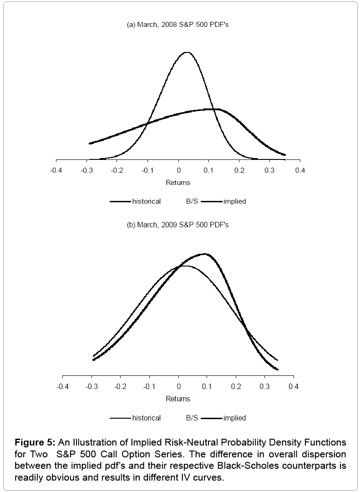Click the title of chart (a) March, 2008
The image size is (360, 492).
click(177, 25)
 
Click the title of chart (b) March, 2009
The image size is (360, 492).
click(177, 225)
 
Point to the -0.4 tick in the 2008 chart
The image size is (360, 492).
click(56, 170)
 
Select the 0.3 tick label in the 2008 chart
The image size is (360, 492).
click(269, 170)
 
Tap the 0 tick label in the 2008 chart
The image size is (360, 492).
click(178, 170)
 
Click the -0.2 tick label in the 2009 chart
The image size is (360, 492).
click(120, 387)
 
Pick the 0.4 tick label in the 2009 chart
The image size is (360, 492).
click(294, 387)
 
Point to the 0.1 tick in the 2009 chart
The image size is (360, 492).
click(207, 387)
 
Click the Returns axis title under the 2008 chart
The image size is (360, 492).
click(178, 183)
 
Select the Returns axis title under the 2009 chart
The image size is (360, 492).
click(178, 399)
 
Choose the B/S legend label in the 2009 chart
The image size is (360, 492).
click(192, 418)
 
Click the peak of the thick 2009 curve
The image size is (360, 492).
click(205, 254)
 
